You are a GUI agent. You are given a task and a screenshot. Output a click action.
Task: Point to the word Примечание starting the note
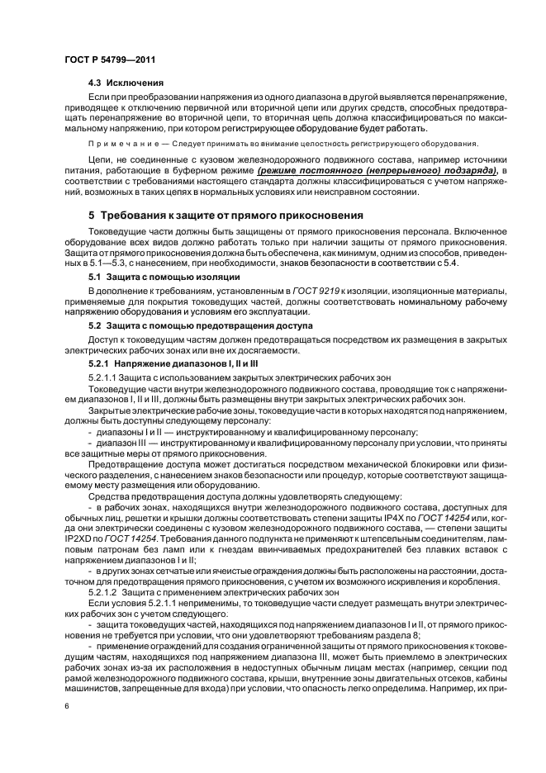coord(121,143)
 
